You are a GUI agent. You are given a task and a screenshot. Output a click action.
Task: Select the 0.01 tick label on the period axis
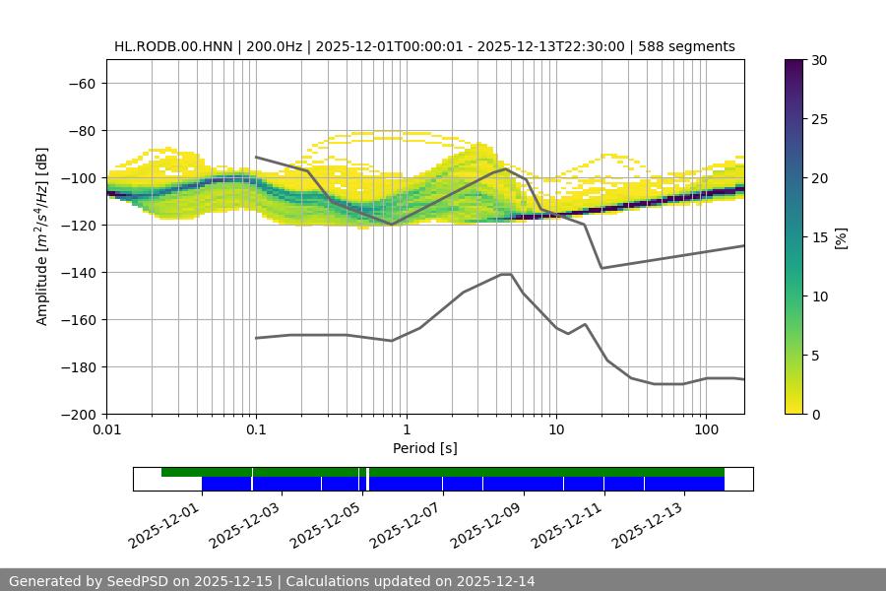point(106,430)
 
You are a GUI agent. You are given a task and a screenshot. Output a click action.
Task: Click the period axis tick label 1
point(406,430)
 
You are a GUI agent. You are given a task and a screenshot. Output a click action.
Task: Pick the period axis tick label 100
point(705,430)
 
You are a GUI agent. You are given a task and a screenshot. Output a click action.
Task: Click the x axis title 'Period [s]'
point(425,448)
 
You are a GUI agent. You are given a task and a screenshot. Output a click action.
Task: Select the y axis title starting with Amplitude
point(42,237)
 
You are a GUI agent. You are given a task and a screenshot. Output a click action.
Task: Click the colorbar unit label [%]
point(843,237)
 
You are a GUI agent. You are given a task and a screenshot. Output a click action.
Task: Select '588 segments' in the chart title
point(686,46)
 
